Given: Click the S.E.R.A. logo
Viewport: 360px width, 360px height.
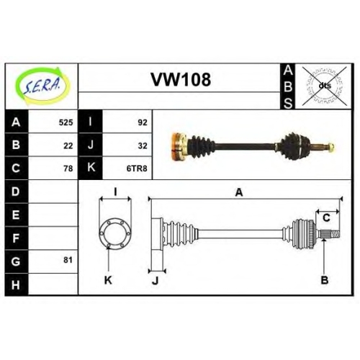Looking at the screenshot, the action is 42,86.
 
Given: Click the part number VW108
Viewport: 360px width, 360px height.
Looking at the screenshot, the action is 181,80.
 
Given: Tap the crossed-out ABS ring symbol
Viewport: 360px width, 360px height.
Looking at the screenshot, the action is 325,86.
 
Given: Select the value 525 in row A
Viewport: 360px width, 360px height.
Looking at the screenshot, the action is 66,122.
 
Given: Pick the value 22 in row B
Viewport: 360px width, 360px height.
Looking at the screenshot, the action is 68,145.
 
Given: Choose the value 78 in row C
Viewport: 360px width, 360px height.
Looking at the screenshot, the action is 68,168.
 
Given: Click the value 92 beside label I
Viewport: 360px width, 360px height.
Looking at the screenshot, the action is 143,122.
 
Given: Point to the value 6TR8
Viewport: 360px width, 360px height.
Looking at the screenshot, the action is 137,168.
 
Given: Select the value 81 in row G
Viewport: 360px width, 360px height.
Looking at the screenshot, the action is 68,260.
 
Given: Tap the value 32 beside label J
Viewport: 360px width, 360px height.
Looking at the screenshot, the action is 143,145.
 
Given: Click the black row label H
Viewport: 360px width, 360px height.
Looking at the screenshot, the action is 17,284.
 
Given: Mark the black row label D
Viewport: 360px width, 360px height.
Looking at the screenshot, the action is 17,192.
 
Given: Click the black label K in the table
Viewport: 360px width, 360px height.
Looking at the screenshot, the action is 91,168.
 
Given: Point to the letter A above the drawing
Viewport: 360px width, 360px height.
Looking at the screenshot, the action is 239,192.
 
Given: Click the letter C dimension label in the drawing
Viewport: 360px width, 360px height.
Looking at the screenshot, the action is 326,218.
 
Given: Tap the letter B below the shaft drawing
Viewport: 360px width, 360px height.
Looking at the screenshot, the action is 325,280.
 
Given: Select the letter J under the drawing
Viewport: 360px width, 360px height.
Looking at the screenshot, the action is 156,280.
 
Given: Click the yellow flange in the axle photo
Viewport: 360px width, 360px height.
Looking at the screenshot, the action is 179,146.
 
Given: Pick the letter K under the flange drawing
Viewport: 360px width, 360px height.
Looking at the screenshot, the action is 108,280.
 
